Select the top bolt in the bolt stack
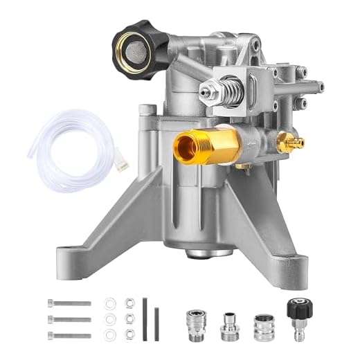[69, 303]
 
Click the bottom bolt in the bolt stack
[69, 335]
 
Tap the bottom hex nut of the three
[128, 335]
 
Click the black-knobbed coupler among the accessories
[297, 318]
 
